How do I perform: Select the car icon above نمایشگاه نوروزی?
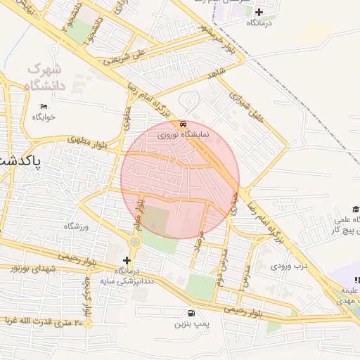(x=184, y=124)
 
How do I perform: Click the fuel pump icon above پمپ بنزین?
(x=191, y=313)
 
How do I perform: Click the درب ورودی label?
(x=290, y=266)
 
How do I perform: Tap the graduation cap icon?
(x=356, y=209)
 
